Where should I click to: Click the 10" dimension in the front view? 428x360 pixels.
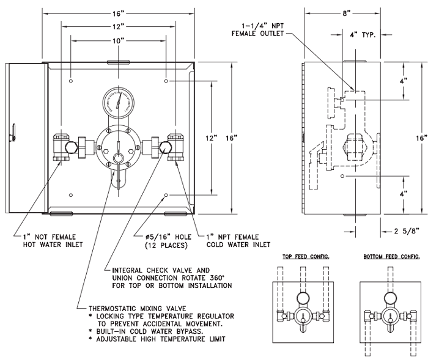(x=119, y=40)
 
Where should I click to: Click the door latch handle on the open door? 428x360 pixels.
(x=13, y=128)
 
